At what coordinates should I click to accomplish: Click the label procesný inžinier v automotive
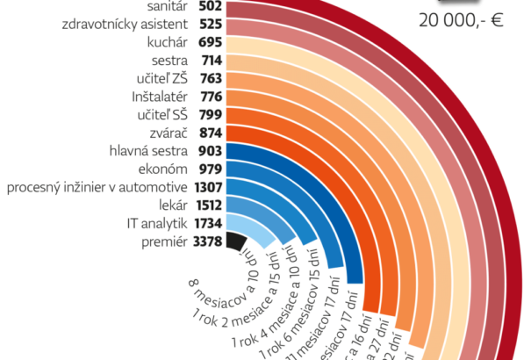pos(97,186)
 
